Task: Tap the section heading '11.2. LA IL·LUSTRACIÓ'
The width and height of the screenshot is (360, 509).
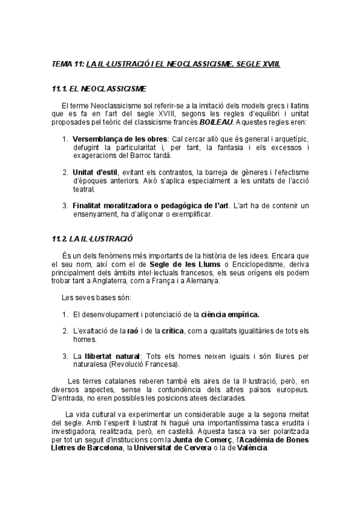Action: click(92, 238)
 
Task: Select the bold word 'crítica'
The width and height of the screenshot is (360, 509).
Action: click(173, 331)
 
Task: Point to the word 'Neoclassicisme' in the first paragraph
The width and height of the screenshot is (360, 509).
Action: click(115, 106)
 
